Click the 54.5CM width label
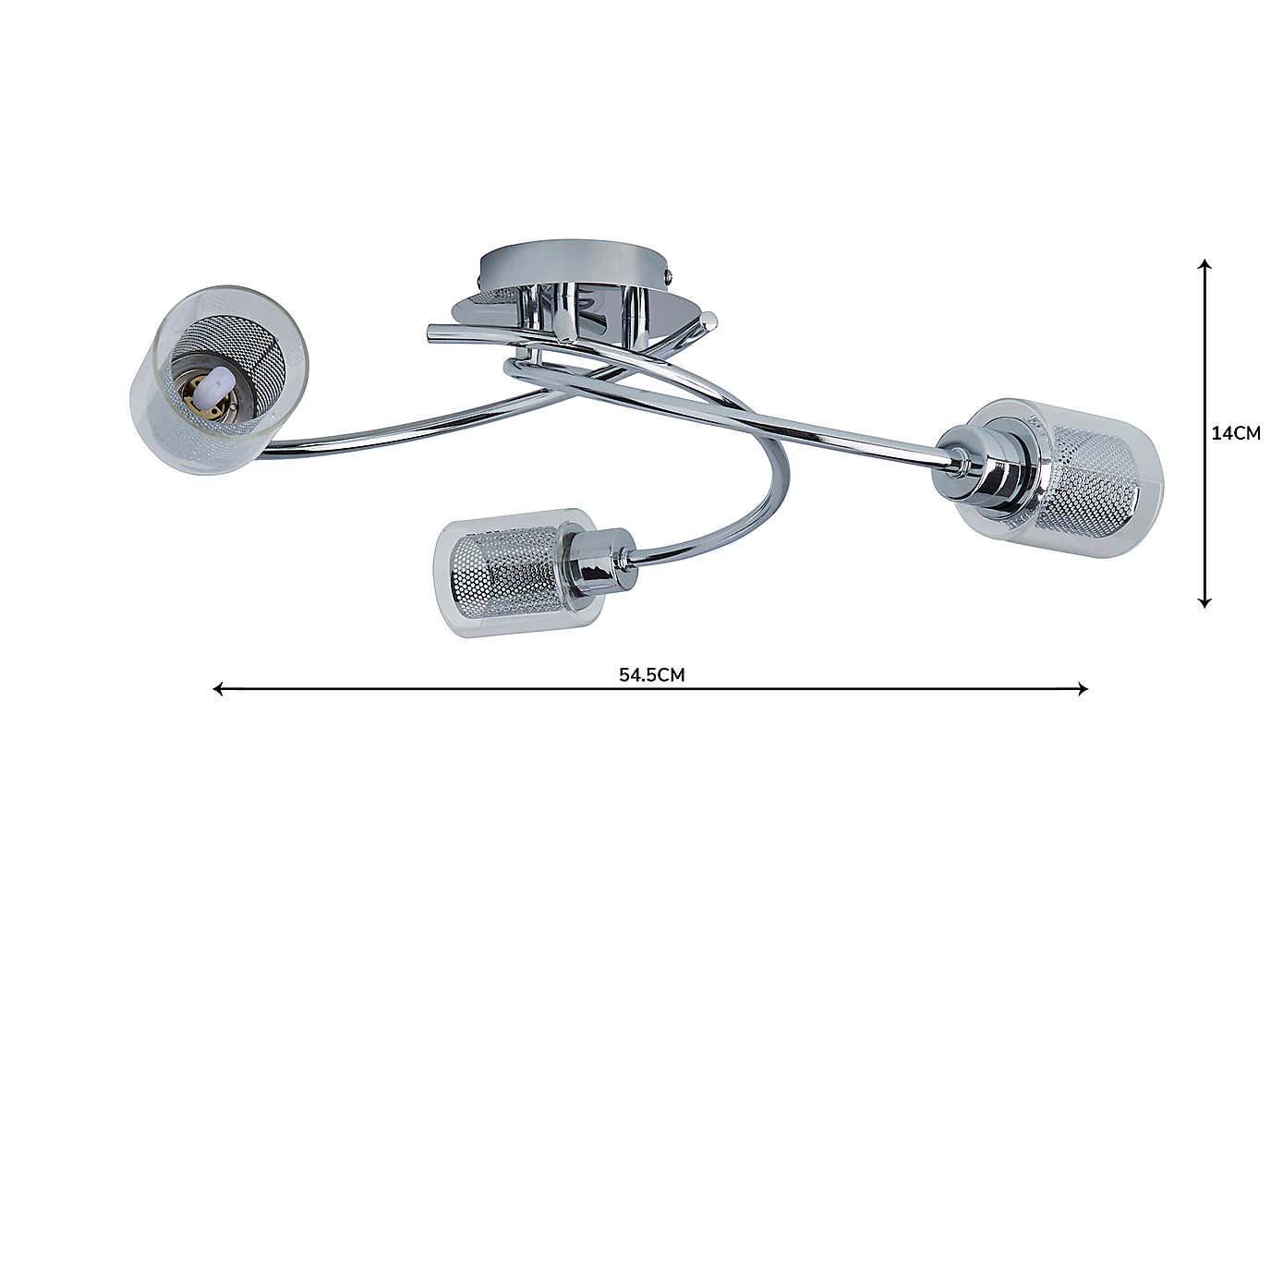(651, 674)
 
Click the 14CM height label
(1235, 433)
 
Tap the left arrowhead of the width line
(217, 688)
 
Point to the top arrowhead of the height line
(1204, 264)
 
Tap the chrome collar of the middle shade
(600, 563)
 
